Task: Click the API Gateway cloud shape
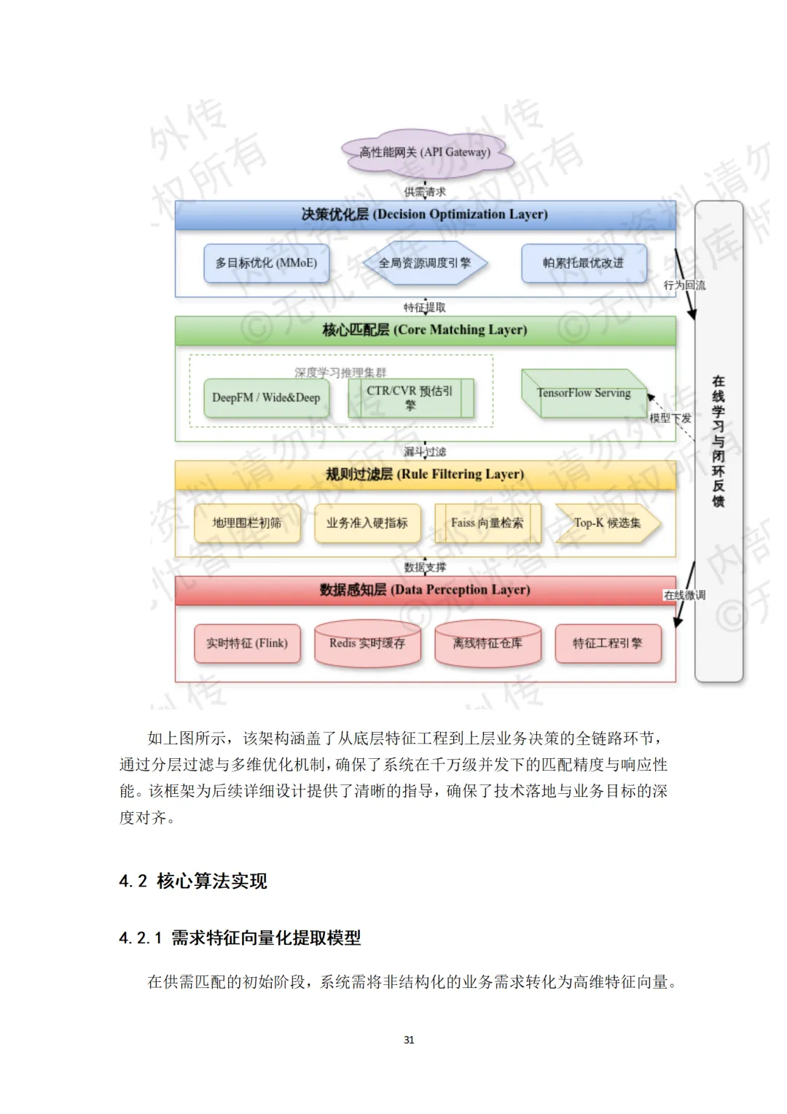point(425,152)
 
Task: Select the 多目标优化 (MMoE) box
point(266,263)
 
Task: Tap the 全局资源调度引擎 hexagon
point(425,263)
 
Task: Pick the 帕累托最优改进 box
point(584,263)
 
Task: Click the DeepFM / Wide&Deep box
point(266,398)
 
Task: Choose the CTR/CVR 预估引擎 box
point(410,398)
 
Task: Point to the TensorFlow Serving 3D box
point(584,394)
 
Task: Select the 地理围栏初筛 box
point(247,523)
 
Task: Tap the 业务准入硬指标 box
point(367,523)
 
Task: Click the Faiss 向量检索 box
point(487,523)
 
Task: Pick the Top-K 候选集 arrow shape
point(607,523)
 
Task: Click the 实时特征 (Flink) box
point(247,644)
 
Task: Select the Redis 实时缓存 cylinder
point(367,644)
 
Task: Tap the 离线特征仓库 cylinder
point(488,644)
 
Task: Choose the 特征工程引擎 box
point(608,644)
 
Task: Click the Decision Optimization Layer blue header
point(425,215)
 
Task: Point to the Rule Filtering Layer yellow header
point(425,475)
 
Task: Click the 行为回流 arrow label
point(684,285)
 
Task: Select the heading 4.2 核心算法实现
point(193,881)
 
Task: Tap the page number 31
point(409,1040)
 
